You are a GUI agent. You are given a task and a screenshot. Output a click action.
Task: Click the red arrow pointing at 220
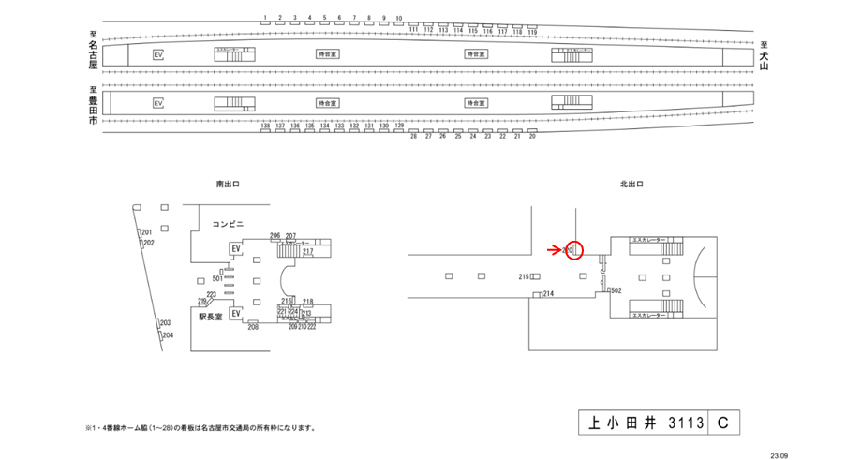[x=555, y=250]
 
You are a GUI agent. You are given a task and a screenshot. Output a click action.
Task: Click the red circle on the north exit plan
[x=575, y=250]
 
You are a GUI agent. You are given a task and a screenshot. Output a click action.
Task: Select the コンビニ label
[x=228, y=224]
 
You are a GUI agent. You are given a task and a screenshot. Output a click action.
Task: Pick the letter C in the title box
[x=723, y=423]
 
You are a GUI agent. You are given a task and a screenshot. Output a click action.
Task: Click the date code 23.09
[x=779, y=453]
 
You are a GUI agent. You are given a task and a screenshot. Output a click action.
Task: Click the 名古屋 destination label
[x=93, y=54]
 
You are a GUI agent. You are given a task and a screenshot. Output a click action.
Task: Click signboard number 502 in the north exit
[x=616, y=291]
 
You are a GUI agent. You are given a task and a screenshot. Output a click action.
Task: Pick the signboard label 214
[x=548, y=294]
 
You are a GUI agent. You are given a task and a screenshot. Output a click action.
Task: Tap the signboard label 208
[x=253, y=327]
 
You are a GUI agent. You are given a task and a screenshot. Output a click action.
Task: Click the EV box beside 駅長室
[x=236, y=313]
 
